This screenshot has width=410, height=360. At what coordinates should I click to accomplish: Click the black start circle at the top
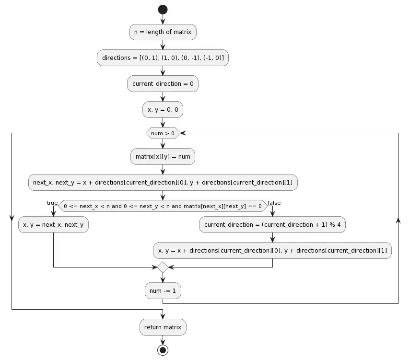[163, 10]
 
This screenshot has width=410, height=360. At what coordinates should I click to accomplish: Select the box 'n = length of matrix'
[163, 32]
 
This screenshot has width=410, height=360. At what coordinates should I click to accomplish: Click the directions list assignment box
[163, 58]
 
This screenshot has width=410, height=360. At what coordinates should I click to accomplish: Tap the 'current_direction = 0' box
[163, 84]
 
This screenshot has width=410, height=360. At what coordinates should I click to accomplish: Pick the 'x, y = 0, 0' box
[163, 110]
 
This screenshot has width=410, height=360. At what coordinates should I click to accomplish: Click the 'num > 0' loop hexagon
[163, 133]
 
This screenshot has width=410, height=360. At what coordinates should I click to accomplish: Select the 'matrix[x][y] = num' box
[163, 156]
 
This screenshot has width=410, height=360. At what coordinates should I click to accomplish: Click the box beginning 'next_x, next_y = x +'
[163, 182]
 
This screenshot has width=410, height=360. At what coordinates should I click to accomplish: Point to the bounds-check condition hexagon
[163, 206]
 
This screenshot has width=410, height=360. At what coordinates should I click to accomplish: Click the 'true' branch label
[52, 203]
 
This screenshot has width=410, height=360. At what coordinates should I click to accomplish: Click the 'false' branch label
[274, 203]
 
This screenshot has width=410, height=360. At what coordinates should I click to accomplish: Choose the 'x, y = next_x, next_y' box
[53, 224]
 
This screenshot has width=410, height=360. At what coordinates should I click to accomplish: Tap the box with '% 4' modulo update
[272, 224]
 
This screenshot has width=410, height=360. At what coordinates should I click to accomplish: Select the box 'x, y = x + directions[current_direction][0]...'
[272, 250]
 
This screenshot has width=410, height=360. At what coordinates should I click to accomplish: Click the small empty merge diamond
[163, 267]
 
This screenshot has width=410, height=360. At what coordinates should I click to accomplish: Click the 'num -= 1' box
[163, 290]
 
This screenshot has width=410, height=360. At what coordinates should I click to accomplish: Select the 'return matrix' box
[163, 327]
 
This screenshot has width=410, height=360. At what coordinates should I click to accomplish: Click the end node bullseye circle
[163, 350]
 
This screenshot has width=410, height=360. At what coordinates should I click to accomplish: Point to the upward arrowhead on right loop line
[398, 220]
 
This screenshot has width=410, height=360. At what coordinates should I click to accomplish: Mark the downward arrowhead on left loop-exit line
[12, 219]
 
